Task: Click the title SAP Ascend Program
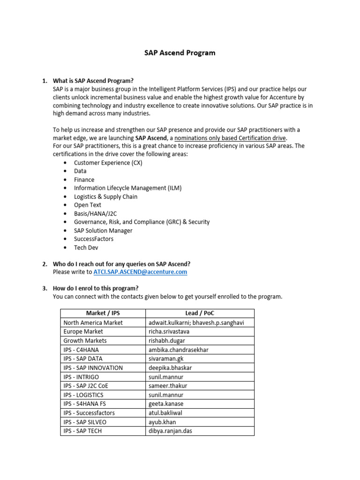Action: click(x=180, y=53)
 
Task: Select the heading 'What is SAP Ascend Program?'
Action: click(x=93, y=81)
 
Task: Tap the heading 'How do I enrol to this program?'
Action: click(x=96, y=288)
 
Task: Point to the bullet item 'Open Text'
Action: click(x=87, y=205)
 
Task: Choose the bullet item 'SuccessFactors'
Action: click(x=93, y=239)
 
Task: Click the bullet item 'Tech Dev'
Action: click(x=86, y=247)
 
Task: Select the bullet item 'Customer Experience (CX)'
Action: click(x=108, y=163)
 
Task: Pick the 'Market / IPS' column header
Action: click(x=103, y=313)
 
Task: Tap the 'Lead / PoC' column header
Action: click(x=200, y=313)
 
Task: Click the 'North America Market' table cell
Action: click(x=93, y=322)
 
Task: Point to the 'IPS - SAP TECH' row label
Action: click(x=82, y=431)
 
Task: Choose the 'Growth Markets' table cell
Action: click(x=85, y=341)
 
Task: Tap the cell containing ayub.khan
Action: click(x=162, y=422)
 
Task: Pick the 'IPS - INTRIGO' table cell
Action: click(x=81, y=377)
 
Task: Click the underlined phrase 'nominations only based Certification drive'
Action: click(x=230, y=138)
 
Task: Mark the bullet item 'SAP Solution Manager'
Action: click(x=103, y=230)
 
